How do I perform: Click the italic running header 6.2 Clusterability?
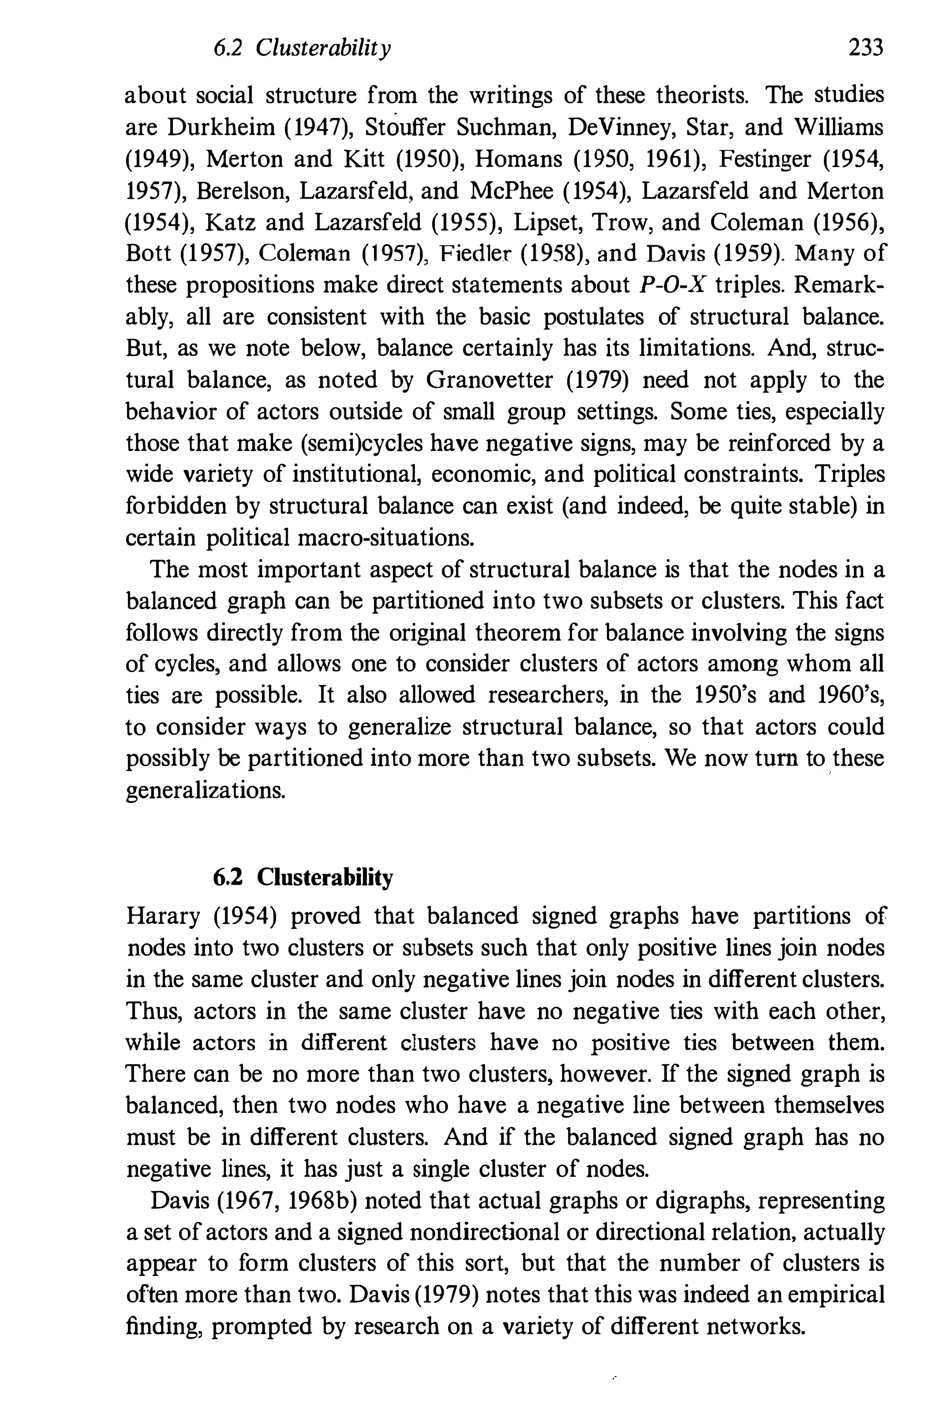point(303,47)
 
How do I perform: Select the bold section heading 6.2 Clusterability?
point(303,877)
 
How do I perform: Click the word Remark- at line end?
point(838,285)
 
